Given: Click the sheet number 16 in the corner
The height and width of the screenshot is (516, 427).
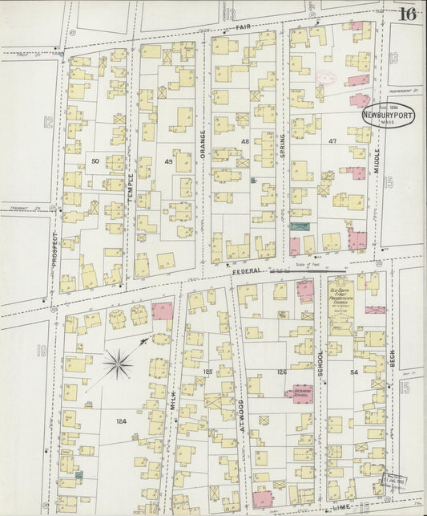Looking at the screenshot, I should [407, 13].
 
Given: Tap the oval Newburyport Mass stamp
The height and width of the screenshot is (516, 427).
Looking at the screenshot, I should [388, 115].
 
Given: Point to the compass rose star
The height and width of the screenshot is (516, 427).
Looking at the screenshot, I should [119, 365].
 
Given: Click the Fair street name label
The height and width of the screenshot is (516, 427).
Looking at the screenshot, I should [244, 27].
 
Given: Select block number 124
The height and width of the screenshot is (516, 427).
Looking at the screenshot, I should [121, 421].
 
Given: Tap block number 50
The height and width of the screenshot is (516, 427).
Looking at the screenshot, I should [95, 161].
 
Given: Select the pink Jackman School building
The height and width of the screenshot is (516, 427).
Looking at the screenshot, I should [298, 394].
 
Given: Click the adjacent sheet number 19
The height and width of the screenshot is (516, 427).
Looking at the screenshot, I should [40, 350].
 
